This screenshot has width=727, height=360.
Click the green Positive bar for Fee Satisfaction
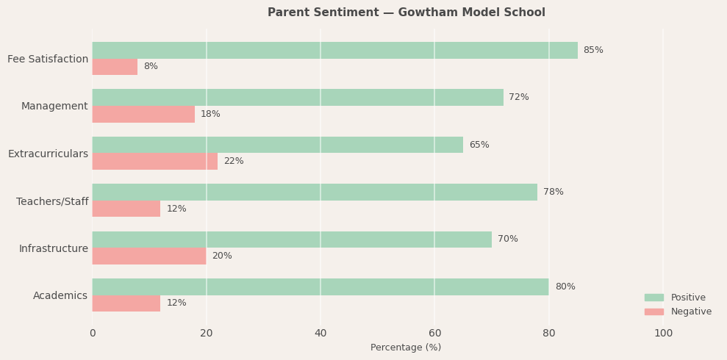pyautogui.click(x=334, y=50)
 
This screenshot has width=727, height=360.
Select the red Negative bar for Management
pyautogui.click(x=143, y=114)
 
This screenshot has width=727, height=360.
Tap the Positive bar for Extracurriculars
pyautogui.click(x=277, y=145)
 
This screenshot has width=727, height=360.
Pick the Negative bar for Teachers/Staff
pyautogui.click(x=126, y=209)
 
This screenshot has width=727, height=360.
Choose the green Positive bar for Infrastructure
pyautogui.click(x=292, y=240)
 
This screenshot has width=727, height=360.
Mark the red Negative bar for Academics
pyautogui.click(x=126, y=303)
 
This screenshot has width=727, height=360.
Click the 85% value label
pyautogui.click(x=593, y=50)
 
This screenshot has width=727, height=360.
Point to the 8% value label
pyautogui.click(x=151, y=67)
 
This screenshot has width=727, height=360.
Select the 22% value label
pyautogui.click(x=234, y=162)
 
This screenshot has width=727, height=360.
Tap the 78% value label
pyautogui.click(x=554, y=192)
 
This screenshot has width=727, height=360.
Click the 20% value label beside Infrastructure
pyautogui.click(x=222, y=256)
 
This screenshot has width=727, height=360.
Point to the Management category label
pyautogui.click(x=54, y=107)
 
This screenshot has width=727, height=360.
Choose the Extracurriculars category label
pyautogui.click(x=48, y=154)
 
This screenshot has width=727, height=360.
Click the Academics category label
pyautogui.click(x=60, y=296)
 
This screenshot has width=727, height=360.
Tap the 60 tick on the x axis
pyautogui.click(x=434, y=334)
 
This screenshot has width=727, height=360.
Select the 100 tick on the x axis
pyautogui.click(x=663, y=334)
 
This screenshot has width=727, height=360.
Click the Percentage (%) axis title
pyautogui.click(x=406, y=348)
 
